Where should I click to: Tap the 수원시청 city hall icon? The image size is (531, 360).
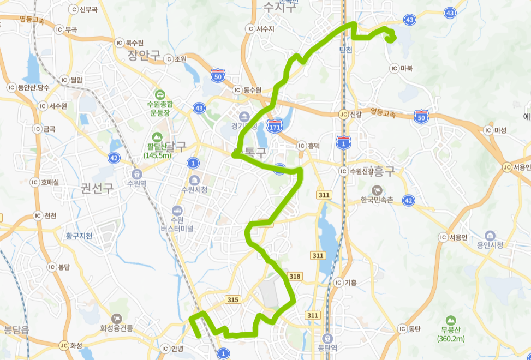(x=194, y=179)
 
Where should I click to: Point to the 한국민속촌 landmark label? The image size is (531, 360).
(x=377, y=200)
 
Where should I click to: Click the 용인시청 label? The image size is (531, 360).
(x=490, y=245)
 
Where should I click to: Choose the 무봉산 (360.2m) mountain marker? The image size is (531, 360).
(x=451, y=320)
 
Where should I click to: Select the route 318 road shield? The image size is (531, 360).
(x=295, y=277)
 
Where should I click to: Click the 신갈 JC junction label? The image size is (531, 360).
(x=350, y=114)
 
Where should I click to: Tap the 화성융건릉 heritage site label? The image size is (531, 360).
(x=117, y=328)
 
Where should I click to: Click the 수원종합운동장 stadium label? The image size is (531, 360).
(x=159, y=107)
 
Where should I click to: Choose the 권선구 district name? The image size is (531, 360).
(x=97, y=189)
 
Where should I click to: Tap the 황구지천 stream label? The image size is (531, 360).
(x=79, y=236)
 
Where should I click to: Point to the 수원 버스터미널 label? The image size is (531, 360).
(x=177, y=224)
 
